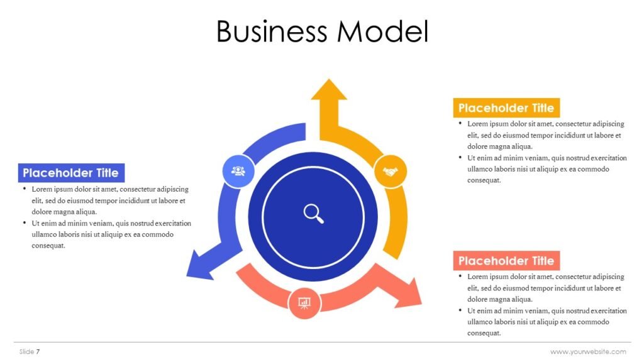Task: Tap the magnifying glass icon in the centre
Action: coord(313,213)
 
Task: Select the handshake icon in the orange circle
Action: coord(391,171)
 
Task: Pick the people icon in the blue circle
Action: coord(238,170)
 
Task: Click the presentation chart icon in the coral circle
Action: coord(304,303)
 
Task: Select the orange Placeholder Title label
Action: coord(506,107)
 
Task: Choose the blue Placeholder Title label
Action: coord(71,173)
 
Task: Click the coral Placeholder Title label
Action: coord(506,261)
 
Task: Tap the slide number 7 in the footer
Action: coord(38,351)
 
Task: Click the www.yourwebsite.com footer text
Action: coord(588,351)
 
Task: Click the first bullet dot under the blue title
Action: coord(25,189)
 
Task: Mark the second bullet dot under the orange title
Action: coord(460,157)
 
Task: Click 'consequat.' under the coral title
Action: coord(484,333)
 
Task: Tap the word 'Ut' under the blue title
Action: coord(36,223)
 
